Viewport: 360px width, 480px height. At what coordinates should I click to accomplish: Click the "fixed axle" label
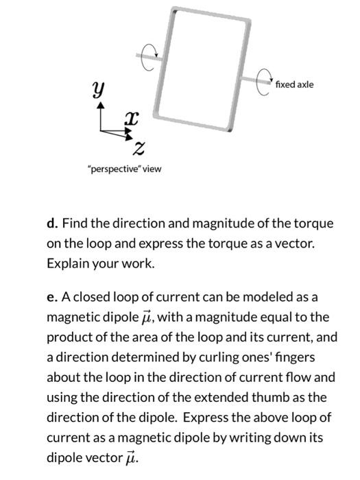click(x=293, y=84)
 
